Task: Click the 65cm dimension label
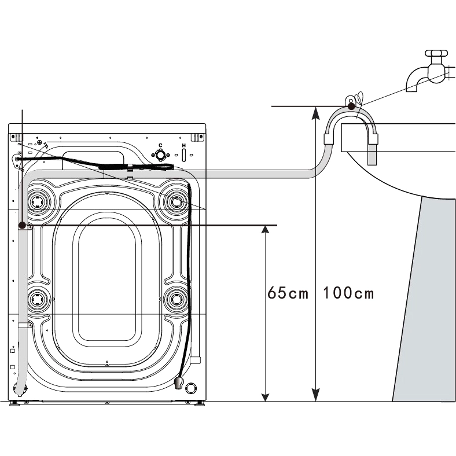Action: tap(288, 293)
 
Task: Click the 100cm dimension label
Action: tap(348, 293)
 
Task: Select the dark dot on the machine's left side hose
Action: tap(22, 225)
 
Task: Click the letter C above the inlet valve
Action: tap(160, 145)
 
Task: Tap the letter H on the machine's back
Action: tap(183, 145)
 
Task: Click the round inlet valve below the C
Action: tap(160, 155)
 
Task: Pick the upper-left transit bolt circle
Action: tap(39, 201)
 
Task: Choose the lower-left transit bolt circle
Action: tap(39, 299)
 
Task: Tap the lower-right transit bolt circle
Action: tap(176, 299)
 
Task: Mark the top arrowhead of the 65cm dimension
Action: tap(265, 230)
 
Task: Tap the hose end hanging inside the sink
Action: tap(372, 155)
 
